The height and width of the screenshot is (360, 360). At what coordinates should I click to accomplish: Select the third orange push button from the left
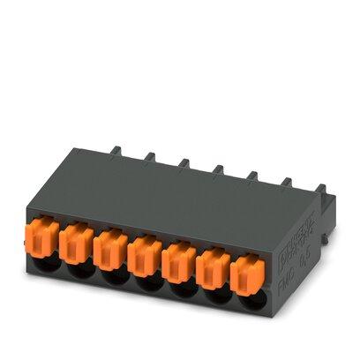[x=109, y=246]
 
